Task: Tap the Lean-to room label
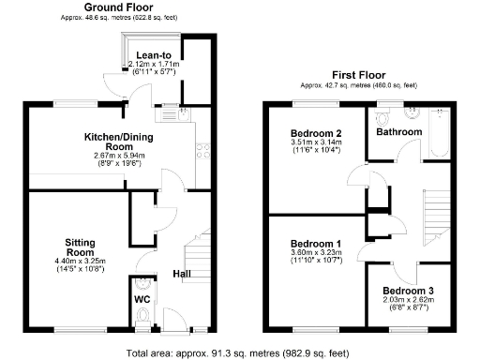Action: pyautogui.click(x=152, y=54)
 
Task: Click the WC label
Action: pyautogui.click(x=142, y=300)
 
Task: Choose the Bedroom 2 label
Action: pyautogui.click(x=314, y=133)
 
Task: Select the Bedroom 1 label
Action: pyautogui.click(x=314, y=244)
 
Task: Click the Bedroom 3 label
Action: pyautogui.click(x=408, y=291)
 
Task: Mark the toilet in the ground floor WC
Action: pyautogui.click(x=142, y=284)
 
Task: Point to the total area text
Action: pyautogui.click(x=239, y=352)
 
